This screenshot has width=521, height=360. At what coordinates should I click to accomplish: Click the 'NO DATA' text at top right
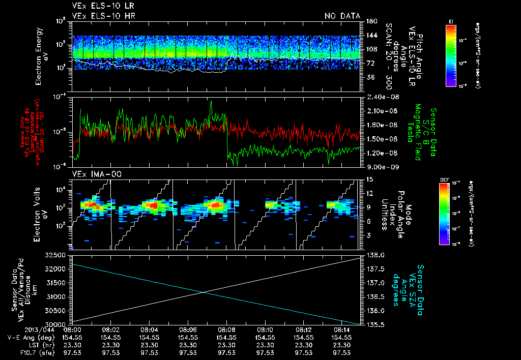pos(342,16)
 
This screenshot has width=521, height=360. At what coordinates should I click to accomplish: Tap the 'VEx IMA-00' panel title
pos(92,174)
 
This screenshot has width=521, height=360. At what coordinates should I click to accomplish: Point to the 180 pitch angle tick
pos(371,21)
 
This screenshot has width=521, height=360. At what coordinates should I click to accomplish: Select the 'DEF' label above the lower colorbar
pos(444,179)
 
